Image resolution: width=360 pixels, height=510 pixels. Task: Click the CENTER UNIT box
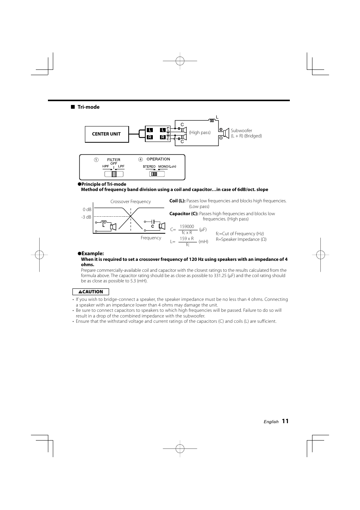click(x=107, y=134)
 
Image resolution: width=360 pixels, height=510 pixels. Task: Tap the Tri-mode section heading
click(x=88, y=107)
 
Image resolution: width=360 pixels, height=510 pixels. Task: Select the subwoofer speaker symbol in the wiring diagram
click(x=226, y=133)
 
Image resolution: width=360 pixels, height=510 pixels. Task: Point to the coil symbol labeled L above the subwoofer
click(x=212, y=120)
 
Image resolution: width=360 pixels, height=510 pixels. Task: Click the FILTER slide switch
click(x=114, y=174)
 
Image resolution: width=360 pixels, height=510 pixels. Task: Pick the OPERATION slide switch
click(x=154, y=174)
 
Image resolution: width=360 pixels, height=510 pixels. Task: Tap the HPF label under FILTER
click(x=105, y=166)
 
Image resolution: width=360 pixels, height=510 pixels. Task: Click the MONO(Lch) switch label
click(x=167, y=166)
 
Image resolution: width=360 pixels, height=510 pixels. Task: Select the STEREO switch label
click(x=149, y=166)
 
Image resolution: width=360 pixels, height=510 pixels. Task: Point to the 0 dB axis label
click(x=87, y=210)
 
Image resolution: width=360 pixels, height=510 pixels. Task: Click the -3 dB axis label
click(x=86, y=217)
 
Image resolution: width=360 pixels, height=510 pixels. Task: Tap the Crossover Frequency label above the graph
click(x=131, y=202)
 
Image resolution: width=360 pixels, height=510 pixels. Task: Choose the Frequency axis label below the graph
click(x=151, y=238)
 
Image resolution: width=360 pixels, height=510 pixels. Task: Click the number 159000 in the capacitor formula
click(x=187, y=226)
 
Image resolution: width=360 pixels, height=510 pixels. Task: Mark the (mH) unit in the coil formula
click(x=203, y=242)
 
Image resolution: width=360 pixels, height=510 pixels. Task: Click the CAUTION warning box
click(x=91, y=292)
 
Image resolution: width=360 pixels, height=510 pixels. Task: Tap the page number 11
click(x=285, y=421)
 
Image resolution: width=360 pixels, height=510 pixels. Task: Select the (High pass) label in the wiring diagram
click(x=200, y=133)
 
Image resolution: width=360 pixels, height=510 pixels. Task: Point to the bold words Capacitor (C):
click(x=184, y=214)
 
